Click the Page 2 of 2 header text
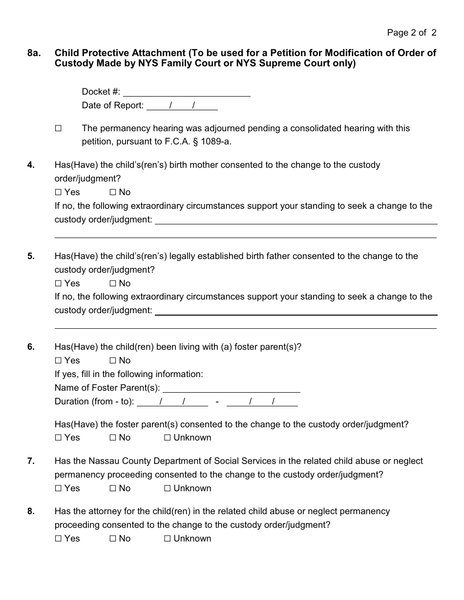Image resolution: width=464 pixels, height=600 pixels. [x=411, y=33]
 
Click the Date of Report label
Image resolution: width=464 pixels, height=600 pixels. [x=113, y=105]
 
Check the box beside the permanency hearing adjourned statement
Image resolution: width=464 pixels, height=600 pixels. [x=59, y=128]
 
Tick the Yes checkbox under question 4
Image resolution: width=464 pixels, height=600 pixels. [x=59, y=192]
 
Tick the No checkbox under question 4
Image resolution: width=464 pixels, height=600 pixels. [x=113, y=192]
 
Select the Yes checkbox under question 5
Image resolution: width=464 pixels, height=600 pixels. [x=59, y=283]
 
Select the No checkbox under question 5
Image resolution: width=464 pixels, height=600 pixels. [x=113, y=283]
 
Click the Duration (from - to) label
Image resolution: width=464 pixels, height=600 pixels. [x=94, y=402]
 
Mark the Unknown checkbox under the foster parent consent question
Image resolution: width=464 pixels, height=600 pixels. [x=168, y=438]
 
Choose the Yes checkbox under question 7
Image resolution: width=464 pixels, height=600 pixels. [x=59, y=488]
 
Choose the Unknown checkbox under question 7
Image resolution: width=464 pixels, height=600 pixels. [x=168, y=488]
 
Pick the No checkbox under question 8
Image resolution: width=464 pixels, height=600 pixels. [x=113, y=539]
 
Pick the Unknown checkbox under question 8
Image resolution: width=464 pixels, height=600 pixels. [x=168, y=539]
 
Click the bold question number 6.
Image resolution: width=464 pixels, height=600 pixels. [x=31, y=347]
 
